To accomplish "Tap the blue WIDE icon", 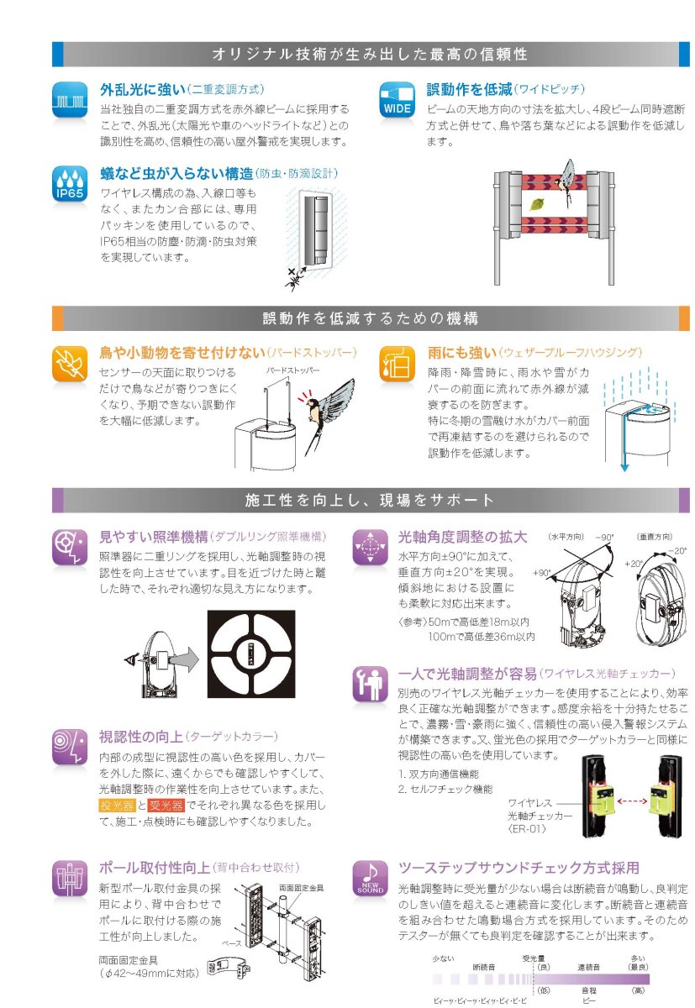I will point(396,100).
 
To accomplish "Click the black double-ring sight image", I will point(252,656).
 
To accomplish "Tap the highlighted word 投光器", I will point(117,806).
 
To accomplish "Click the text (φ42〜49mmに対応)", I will point(149,974).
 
